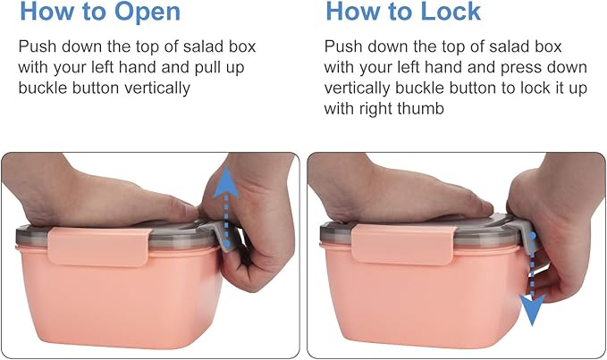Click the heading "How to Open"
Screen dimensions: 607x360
[100, 12]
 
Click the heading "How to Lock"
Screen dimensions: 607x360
[403, 12]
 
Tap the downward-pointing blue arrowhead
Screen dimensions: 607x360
[533, 310]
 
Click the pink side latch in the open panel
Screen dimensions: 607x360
[100, 247]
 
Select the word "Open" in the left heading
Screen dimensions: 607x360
[148, 12]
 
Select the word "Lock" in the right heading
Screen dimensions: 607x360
[451, 12]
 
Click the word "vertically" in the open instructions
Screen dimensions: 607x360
[157, 88]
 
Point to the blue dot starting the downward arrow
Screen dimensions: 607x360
[533, 236]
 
